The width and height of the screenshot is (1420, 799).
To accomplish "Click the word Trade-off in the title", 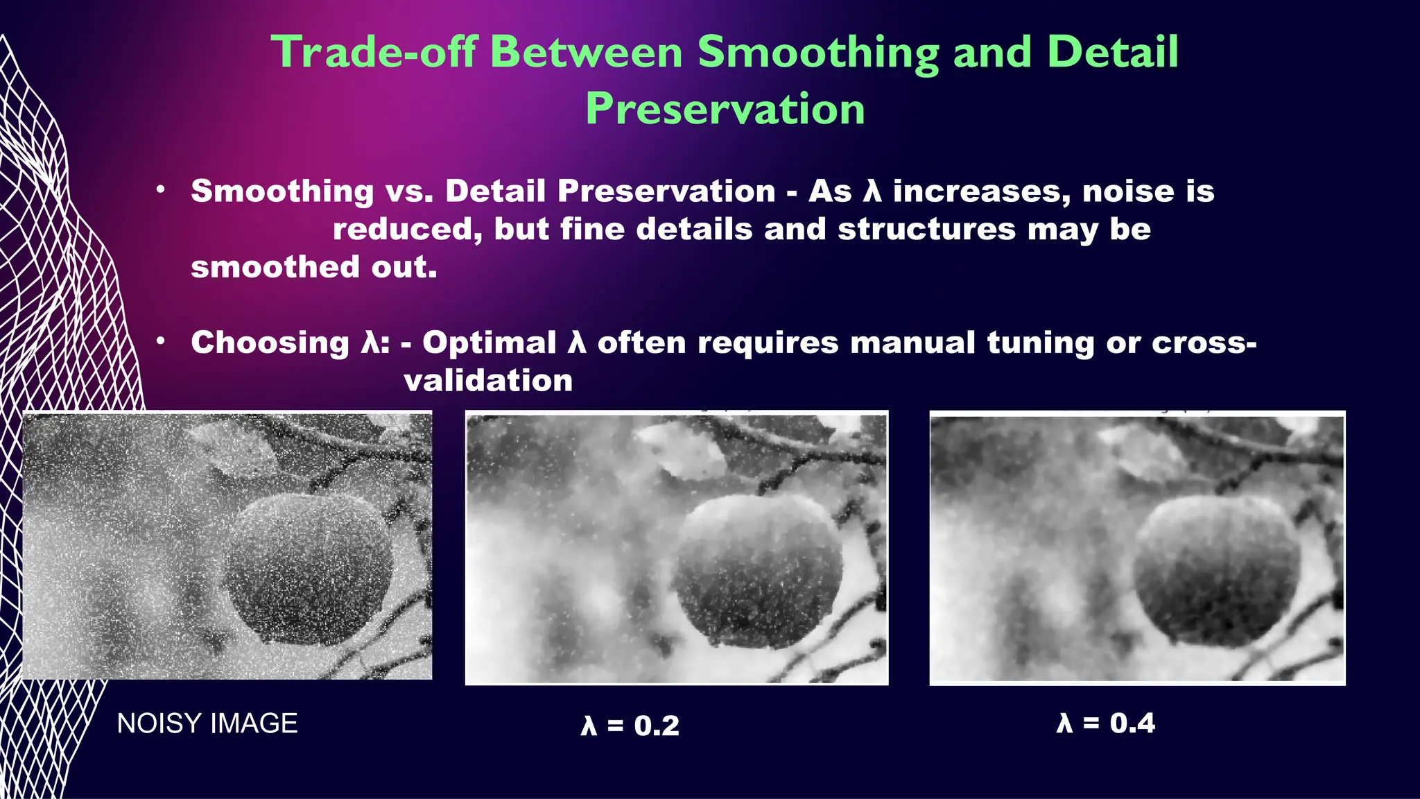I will click(x=374, y=52).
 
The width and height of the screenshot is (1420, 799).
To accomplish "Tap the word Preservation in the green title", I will click(x=725, y=109).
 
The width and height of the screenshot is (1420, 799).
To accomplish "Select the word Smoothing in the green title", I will click(x=818, y=52).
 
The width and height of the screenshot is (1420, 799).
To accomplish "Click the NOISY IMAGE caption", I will click(x=207, y=723).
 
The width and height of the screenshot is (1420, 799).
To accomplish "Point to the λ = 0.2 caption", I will click(x=630, y=725).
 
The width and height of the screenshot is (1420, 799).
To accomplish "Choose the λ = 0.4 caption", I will click(x=1106, y=723).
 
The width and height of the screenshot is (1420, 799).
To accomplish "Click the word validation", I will click(x=488, y=380).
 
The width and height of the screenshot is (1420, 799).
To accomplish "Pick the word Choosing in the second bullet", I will click(x=270, y=343).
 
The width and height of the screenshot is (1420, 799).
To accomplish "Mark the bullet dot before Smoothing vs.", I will click(x=161, y=189).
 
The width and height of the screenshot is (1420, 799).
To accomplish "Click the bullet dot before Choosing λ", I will click(x=161, y=341).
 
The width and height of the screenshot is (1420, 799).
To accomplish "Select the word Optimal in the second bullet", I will click(x=490, y=343).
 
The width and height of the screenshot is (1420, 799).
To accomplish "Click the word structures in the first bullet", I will click(x=926, y=230).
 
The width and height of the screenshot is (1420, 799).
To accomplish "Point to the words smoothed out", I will click(x=314, y=267).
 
